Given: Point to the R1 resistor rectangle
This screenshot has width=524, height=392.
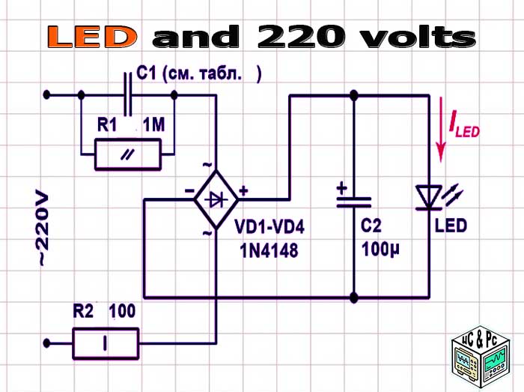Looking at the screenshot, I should coord(128,154).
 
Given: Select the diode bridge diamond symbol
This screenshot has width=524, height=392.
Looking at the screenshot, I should coord(216,199).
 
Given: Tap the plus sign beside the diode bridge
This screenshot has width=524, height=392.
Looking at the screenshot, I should coord(244,190).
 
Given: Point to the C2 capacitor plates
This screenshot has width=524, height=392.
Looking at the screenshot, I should coord(353,199).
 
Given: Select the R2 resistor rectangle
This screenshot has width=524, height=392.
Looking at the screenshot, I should coord(106,345).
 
